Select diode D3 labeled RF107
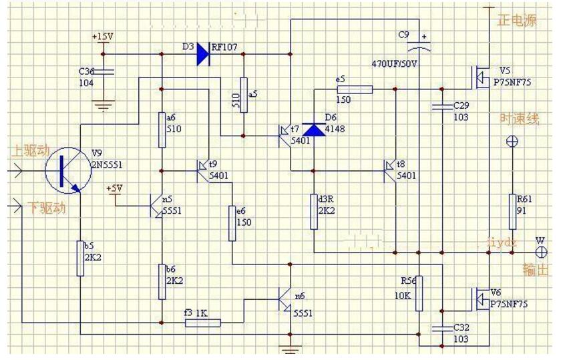tap(203, 54)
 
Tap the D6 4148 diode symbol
tap(313, 129)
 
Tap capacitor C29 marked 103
tap(440, 106)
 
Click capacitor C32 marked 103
tap(440, 327)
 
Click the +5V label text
tap(114, 188)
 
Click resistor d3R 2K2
tap(313, 211)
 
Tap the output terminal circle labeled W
tap(542, 252)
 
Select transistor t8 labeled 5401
tap(390, 171)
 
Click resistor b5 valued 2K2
tap(80, 258)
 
